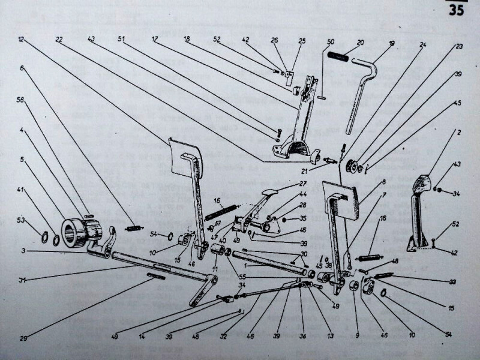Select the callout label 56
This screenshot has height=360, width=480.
click(x=21, y=101)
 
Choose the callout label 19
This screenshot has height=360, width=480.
click(x=391, y=44)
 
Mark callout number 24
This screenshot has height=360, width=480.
click(x=423, y=45)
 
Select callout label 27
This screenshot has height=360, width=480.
click(x=303, y=183)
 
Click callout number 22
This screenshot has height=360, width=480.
click(x=59, y=40)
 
